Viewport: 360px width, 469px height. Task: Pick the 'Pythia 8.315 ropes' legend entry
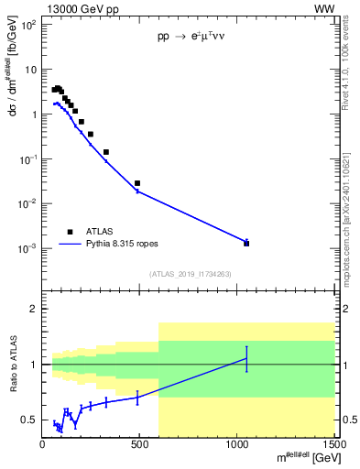click(110, 245)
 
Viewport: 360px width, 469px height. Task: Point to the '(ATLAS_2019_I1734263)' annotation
click(190, 273)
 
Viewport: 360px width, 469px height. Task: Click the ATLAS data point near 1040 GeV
click(246, 244)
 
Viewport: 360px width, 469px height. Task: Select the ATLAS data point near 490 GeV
click(137, 183)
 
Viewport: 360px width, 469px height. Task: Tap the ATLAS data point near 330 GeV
click(106, 152)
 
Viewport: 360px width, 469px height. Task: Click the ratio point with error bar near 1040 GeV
click(246, 358)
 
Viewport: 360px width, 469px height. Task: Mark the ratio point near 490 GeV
click(137, 397)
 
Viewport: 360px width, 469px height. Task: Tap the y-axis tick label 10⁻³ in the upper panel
click(28, 248)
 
